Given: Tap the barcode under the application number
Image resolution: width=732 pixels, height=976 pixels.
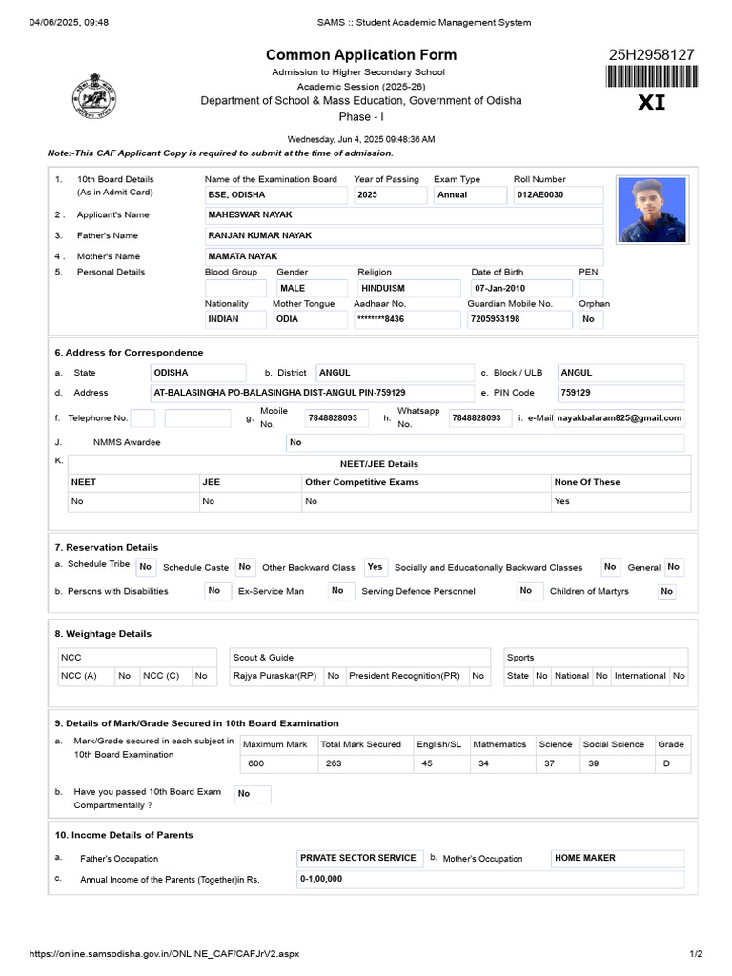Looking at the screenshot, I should coord(652,77).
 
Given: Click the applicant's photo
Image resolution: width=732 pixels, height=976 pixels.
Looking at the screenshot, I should coord(653,209).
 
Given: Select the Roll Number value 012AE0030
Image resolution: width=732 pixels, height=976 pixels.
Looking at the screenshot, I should coord(540,194).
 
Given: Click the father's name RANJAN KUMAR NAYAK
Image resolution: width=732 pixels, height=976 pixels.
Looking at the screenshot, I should coord(259,235).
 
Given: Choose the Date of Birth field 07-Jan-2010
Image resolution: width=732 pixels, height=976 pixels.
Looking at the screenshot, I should coord(499,288).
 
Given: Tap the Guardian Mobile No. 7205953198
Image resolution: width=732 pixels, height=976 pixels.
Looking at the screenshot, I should coord(495,319).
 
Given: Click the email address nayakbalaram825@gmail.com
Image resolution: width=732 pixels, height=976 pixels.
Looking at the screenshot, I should coord(620,417).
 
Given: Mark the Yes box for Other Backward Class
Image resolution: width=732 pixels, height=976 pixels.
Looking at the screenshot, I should coord(375,567).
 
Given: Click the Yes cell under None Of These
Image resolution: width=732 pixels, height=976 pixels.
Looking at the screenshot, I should coord(562,501).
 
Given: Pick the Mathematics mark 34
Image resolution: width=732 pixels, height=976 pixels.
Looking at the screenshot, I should coord(483,763).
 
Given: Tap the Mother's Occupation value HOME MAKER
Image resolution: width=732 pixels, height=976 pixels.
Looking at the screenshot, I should coord(585,858).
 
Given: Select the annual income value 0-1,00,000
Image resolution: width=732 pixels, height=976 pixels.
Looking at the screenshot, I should coord(321,879).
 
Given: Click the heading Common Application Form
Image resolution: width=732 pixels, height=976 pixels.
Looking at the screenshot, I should coord(361,55).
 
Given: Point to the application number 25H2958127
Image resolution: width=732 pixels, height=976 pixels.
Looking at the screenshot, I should coord(652,54).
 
